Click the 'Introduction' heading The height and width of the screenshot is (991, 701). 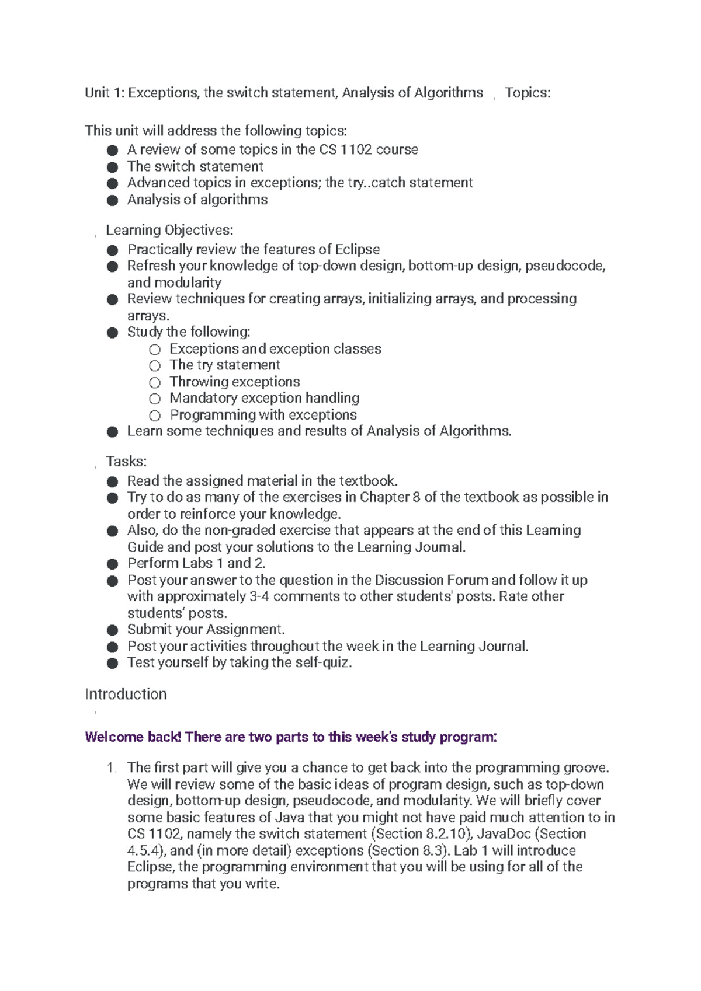[x=126, y=694]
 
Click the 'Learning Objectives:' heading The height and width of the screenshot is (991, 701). [x=169, y=230]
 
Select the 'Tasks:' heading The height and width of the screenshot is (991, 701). [x=126, y=461]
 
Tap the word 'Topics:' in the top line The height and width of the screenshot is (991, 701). [x=528, y=93]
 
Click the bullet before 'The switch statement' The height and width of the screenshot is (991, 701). [x=113, y=167]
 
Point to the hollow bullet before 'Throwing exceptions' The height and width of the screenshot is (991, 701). [x=154, y=382]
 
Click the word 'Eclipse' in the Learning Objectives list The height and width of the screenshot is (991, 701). [x=357, y=250]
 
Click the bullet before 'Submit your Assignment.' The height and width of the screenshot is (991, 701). [x=113, y=630]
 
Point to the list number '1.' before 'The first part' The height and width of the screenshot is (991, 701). [x=113, y=767]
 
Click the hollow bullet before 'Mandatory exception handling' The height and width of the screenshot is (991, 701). [x=154, y=399]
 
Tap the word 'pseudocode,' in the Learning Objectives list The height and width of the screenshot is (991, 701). [x=565, y=266]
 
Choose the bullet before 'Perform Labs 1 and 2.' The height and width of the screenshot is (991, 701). [x=113, y=564]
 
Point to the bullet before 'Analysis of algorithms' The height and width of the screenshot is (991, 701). [x=113, y=200]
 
